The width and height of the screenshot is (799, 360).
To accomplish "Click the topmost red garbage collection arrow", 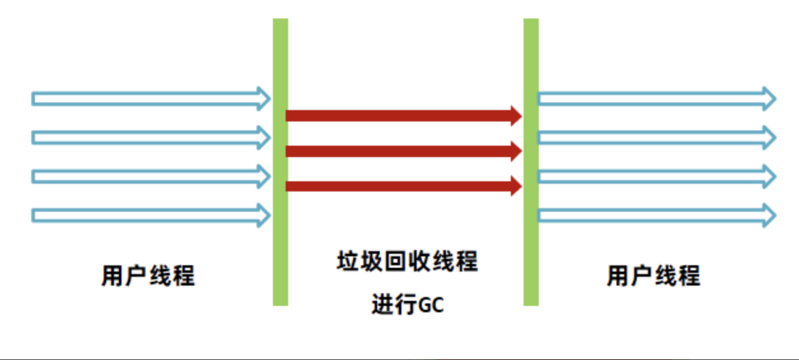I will click(x=401, y=115).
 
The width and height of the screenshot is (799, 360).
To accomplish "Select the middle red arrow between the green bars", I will click(x=401, y=151).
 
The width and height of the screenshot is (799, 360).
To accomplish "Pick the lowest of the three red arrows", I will click(x=401, y=186).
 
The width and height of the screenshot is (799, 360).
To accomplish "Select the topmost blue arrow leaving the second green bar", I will click(x=655, y=99).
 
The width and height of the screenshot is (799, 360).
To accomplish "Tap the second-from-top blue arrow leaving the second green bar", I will click(x=655, y=137).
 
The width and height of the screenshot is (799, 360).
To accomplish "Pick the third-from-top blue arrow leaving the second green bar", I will click(x=655, y=176).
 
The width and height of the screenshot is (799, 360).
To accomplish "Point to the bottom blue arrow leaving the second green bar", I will click(x=655, y=215).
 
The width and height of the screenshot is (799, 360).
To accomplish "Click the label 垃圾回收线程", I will click(x=407, y=261).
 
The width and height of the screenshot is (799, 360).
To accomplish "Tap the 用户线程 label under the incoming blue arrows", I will click(x=148, y=276).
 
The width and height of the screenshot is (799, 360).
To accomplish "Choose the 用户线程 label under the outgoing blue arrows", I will click(x=653, y=276).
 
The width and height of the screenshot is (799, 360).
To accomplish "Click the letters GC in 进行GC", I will click(x=431, y=305).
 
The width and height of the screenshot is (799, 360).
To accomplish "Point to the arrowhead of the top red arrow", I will click(x=515, y=115).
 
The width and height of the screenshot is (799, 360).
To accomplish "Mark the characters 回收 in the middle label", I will click(x=407, y=261).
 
